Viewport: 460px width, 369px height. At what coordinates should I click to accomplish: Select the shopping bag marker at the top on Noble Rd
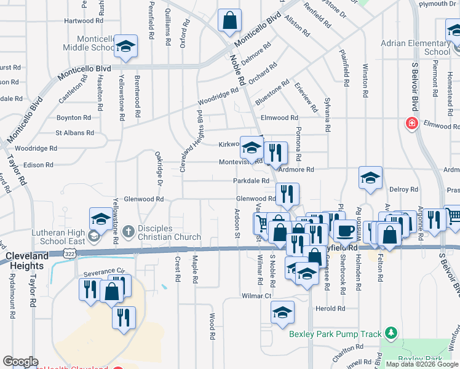(229, 20)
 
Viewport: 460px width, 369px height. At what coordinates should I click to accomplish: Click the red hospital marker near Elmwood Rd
(411, 124)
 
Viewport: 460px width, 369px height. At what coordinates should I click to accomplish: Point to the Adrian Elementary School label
(416, 48)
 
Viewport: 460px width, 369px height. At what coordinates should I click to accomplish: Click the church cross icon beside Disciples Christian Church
(128, 232)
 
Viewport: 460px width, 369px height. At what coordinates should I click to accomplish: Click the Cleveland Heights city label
(26, 261)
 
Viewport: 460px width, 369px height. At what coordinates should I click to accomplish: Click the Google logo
(20, 362)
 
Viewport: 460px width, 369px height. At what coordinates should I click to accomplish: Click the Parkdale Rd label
(251, 181)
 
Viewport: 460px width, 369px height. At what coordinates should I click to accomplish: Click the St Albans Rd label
(75, 132)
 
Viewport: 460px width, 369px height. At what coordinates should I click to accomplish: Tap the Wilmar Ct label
(256, 296)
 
